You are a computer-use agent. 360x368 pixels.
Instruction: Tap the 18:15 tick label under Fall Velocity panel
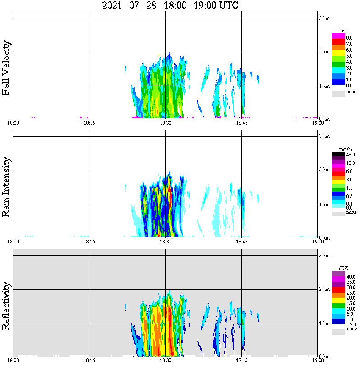pyautogui.click(x=89, y=123)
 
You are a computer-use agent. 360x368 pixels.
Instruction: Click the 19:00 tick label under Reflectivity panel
pyautogui.click(x=318, y=360)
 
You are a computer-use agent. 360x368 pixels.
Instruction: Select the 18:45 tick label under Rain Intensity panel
pyautogui.click(x=241, y=242)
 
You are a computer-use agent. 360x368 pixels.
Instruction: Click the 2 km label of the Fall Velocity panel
pyautogui.click(x=324, y=52)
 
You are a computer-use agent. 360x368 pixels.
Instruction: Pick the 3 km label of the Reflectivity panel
pyautogui.click(x=324, y=256)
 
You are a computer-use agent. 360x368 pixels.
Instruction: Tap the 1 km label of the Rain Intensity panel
pyautogui.click(x=324, y=205)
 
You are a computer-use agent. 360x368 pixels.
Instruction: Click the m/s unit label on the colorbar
pyautogui.click(x=343, y=30)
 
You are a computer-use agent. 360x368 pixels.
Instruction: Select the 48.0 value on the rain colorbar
pyautogui.click(x=350, y=155)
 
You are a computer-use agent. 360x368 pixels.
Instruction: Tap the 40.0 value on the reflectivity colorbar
pyautogui.click(x=350, y=276)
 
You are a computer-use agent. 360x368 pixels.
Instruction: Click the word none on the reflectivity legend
pyautogui.click(x=352, y=329)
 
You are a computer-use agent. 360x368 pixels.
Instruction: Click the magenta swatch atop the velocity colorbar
pyautogui.click(x=338, y=36)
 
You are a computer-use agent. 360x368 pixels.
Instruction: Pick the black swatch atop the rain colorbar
pyautogui.click(x=338, y=155)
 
